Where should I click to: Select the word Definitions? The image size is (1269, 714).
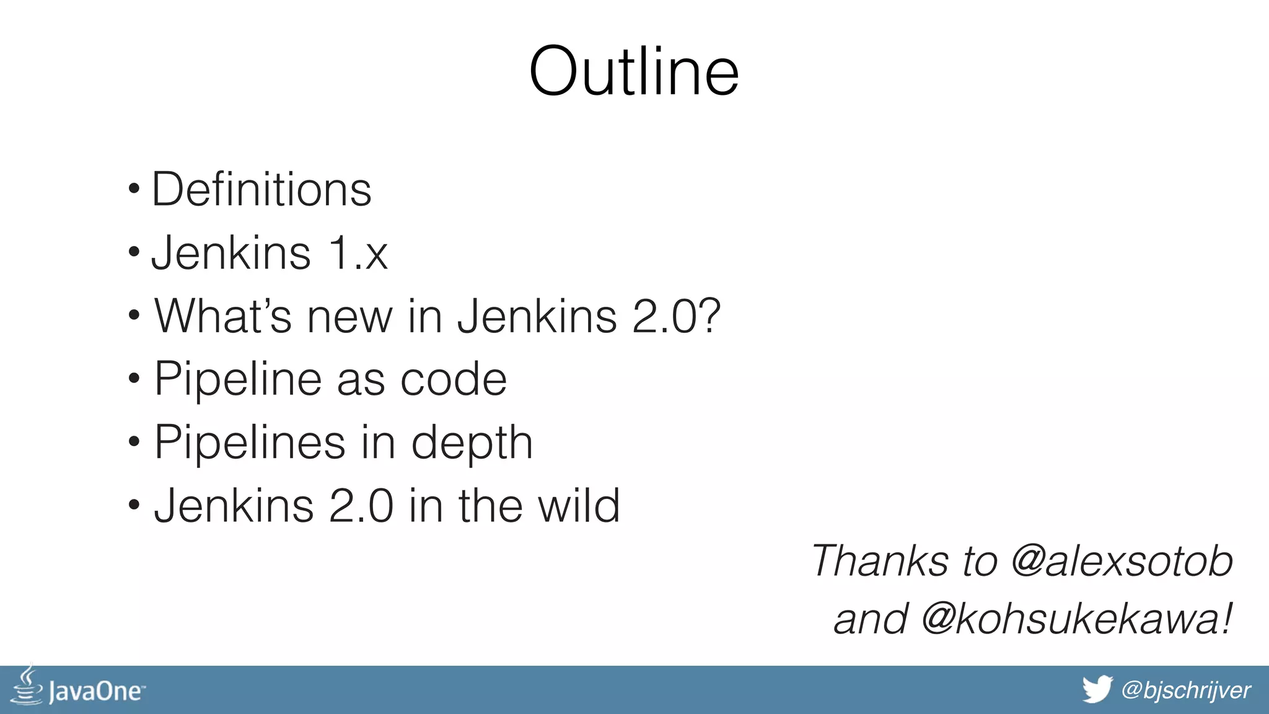coord(261,190)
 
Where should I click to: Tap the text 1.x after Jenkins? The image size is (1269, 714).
coord(358,253)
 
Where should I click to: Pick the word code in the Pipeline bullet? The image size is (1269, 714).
coord(454,379)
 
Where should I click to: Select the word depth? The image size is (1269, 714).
coord(472,443)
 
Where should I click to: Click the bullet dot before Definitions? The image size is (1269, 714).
coord(134,188)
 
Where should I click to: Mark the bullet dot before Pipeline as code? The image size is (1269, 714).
coord(134,377)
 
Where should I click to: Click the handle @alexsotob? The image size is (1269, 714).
coord(1122,561)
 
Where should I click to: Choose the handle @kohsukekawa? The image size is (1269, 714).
coord(1076,619)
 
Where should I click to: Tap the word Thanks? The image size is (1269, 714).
coord(880,561)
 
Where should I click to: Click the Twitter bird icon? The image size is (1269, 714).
coord(1097,689)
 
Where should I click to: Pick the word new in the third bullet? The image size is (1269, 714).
coord(349,316)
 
